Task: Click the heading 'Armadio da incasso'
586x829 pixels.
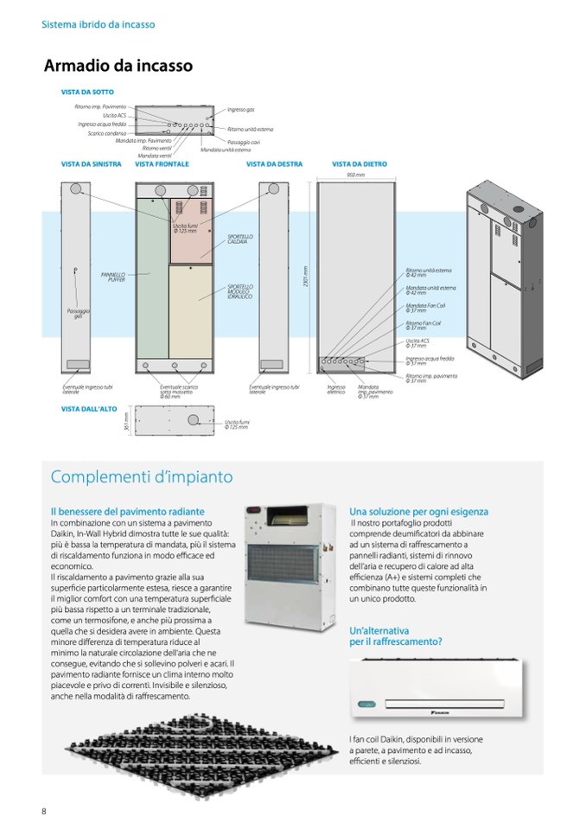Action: pyautogui.click(x=118, y=66)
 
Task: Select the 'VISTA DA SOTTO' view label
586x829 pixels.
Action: pyautogui.click(x=87, y=92)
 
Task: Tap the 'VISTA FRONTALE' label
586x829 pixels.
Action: pyautogui.click(x=162, y=163)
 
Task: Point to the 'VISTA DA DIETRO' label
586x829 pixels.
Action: pyautogui.click(x=359, y=163)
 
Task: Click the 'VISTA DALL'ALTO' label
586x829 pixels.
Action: pyautogui.click(x=88, y=408)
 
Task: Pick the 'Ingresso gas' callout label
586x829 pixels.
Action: pyautogui.click(x=241, y=110)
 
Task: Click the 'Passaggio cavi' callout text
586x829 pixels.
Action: pyautogui.click(x=244, y=141)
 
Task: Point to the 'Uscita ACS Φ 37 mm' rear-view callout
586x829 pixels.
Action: pyautogui.click(x=417, y=344)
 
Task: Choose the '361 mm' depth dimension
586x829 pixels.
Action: pyautogui.click(x=126, y=419)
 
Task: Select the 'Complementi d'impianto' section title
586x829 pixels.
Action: pyautogui.click(x=142, y=477)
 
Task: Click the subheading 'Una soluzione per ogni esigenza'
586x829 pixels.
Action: pyautogui.click(x=418, y=512)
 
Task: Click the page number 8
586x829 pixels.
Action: pyautogui.click(x=44, y=810)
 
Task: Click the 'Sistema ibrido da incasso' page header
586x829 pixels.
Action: pyautogui.click(x=99, y=24)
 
